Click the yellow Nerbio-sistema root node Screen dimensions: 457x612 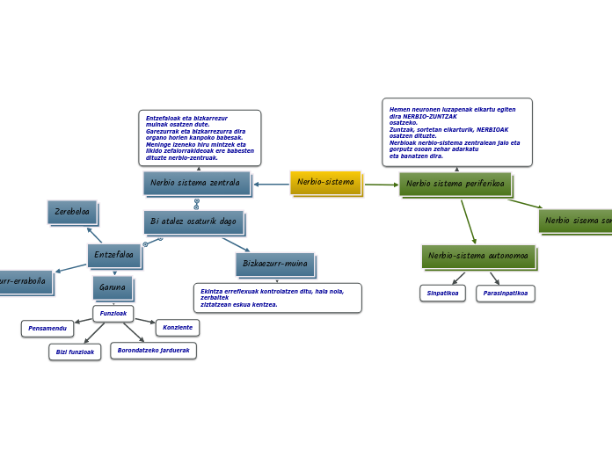tap(325, 183)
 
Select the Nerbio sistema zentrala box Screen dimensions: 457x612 tap(195, 183)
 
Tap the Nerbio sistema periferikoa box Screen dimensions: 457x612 tap(455, 185)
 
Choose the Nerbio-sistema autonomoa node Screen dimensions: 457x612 tap(477, 257)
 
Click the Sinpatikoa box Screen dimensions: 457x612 tap(442, 294)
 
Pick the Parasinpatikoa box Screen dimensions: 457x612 tap(505, 294)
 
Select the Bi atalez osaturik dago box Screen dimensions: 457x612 tap(193, 222)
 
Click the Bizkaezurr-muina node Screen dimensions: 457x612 tap(274, 264)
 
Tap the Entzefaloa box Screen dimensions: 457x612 tap(113, 256)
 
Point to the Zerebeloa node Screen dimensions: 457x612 tap(72, 212)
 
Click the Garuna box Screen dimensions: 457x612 tap(113, 287)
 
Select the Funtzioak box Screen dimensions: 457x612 tap(113, 313)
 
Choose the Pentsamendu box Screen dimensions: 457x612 tap(47, 329)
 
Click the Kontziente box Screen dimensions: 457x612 tap(178, 328)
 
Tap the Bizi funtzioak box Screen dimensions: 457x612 tap(75, 352)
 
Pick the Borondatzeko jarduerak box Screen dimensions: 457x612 tap(153, 351)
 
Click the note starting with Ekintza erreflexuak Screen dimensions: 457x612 tap(277, 297)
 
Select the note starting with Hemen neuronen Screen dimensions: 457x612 tap(456, 132)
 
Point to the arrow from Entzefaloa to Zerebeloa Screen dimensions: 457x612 tap(95, 236)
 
